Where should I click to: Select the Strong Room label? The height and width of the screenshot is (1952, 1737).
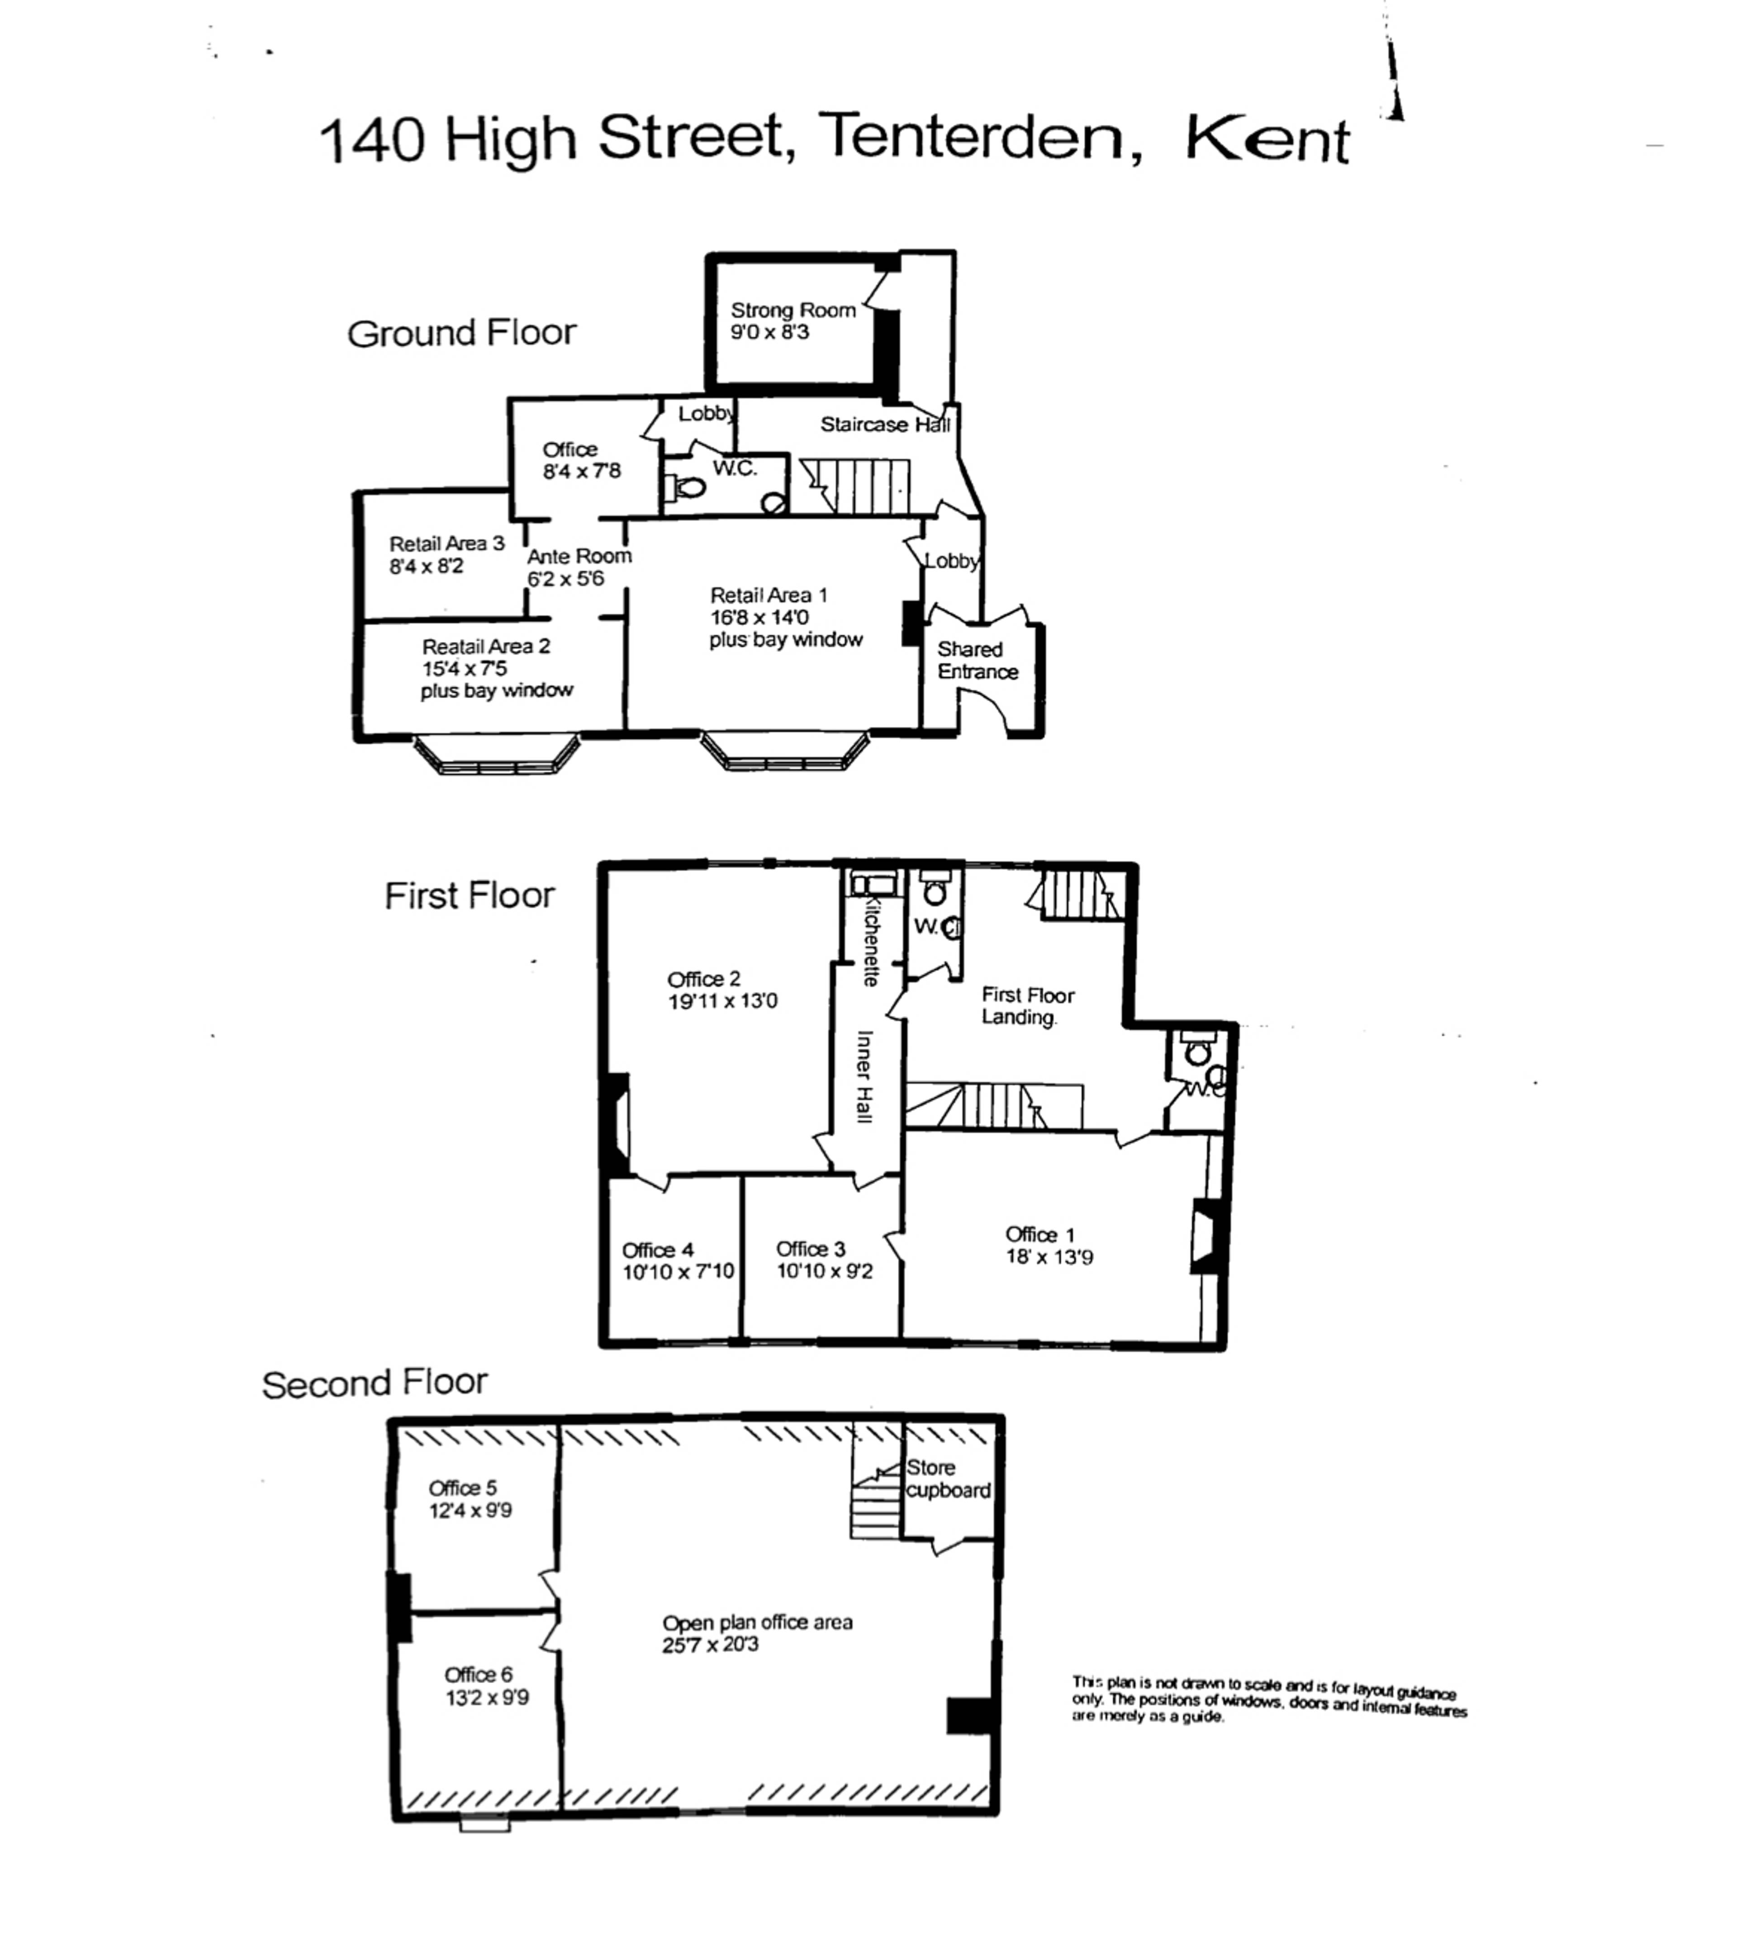(793, 310)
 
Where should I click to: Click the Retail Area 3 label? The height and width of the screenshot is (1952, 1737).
(446, 543)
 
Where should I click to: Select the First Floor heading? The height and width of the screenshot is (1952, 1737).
(469, 896)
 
